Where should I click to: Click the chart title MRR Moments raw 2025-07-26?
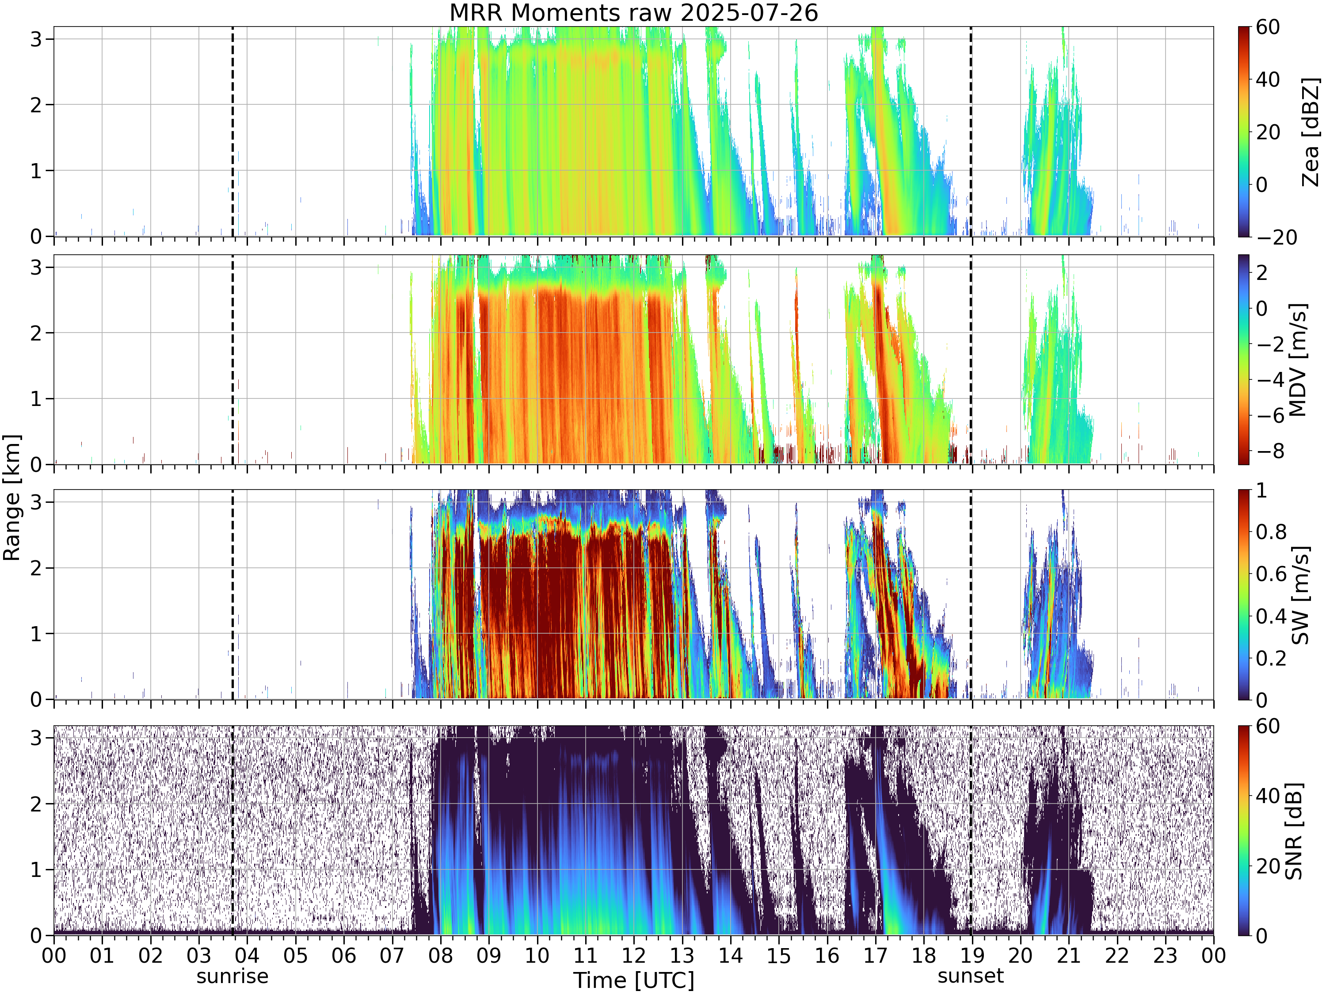coord(634,12)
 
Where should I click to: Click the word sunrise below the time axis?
coord(232,976)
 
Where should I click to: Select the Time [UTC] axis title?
coord(634,980)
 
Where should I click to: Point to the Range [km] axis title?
coord(12,498)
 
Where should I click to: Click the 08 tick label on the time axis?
coord(441,955)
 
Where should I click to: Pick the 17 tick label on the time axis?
coord(875,955)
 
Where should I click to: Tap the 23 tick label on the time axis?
coord(1166,955)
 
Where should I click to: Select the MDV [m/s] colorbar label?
coord(1297,360)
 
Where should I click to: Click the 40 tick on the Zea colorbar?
coord(1268,79)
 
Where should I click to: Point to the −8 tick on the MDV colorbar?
coord(1271,452)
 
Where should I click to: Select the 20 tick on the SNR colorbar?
coord(1268,866)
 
